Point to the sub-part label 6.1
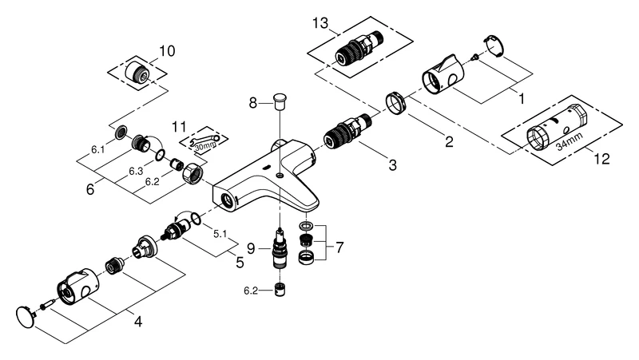point(97,149)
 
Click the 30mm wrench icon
point(206,142)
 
